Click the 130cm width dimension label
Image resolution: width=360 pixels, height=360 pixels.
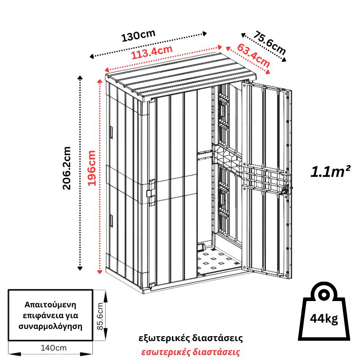click(x=139, y=36)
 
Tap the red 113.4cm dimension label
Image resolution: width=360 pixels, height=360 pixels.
click(x=152, y=54)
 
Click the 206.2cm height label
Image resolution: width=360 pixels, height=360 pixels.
click(x=67, y=168)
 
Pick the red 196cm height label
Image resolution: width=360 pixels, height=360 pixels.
click(x=91, y=168)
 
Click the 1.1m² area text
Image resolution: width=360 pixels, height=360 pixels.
click(x=330, y=172)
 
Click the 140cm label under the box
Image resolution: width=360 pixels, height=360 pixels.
click(x=51, y=348)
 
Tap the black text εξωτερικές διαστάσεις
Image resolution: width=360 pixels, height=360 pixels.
click(x=191, y=337)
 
